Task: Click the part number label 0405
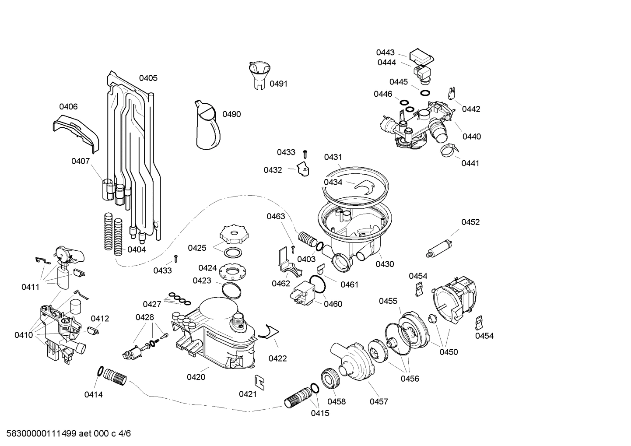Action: point(148,78)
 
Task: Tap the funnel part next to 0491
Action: point(259,74)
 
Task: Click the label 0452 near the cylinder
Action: point(470,222)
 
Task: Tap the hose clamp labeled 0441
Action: point(448,151)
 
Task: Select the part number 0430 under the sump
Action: point(385,264)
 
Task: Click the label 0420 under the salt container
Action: point(196,377)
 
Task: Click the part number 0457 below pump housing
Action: point(379,401)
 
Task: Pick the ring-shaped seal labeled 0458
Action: point(330,378)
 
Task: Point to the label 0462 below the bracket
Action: point(281,284)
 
